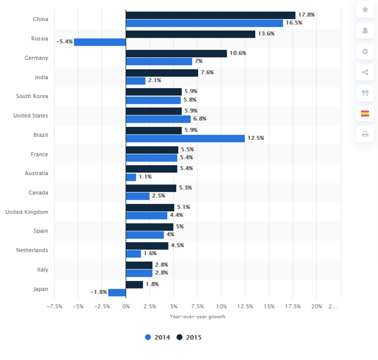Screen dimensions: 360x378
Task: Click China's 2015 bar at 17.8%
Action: coord(210,15)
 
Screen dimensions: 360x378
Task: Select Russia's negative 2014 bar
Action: coord(100,42)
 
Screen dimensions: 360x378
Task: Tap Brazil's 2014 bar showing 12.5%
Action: coord(185,138)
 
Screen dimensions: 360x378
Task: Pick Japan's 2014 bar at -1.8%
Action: coord(117,292)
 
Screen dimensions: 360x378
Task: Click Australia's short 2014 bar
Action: coord(131,177)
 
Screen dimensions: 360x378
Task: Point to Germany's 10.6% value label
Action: coord(238,53)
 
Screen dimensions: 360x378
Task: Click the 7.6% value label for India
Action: coord(207,72)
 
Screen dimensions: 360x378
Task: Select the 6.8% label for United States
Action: coord(199,119)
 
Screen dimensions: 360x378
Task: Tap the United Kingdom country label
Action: coord(27,212)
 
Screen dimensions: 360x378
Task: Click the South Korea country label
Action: coord(32,96)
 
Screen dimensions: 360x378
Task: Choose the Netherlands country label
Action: coord(32,250)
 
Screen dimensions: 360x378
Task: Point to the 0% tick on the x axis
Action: coord(126,306)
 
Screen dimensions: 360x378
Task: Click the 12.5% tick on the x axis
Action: coord(245,306)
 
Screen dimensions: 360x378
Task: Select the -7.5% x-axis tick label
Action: coord(55,306)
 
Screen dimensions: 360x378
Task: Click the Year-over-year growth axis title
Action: coord(197,316)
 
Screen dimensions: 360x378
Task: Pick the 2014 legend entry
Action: coord(157,337)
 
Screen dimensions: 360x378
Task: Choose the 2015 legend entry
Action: coord(189,337)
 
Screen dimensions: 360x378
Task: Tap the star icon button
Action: coord(365,10)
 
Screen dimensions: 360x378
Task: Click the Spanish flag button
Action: coord(365,113)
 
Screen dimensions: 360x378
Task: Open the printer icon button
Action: coord(365,134)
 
